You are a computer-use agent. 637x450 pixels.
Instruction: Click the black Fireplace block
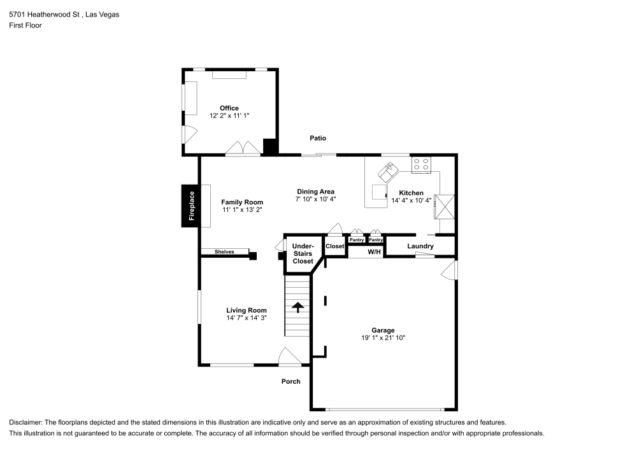tap(190, 206)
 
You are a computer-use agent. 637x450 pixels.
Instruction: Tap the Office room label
tap(229, 108)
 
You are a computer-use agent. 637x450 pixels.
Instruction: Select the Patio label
tap(318, 138)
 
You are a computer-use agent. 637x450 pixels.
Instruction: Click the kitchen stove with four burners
tap(420, 165)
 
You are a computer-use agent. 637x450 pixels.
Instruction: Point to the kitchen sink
tap(388, 170)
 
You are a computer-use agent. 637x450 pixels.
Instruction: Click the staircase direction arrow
tap(297, 307)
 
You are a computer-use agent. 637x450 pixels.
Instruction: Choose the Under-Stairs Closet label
tap(303, 253)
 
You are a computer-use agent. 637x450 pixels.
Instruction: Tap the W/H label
tap(374, 252)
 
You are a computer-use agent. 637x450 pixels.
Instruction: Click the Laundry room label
tap(420, 246)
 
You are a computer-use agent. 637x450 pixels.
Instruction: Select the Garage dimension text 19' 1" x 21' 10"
tap(383, 338)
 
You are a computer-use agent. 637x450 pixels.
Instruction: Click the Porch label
tap(291, 382)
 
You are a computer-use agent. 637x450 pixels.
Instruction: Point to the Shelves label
tap(224, 252)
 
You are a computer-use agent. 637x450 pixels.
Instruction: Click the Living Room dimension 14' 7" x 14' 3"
tap(246, 318)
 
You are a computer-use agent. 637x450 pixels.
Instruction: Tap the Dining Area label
tap(315, 192)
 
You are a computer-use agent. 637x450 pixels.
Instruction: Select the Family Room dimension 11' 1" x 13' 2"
tap(242, 209)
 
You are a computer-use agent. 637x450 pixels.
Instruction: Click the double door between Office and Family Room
tap(243, 148)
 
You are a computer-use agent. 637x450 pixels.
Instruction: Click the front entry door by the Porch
tap(290, 357)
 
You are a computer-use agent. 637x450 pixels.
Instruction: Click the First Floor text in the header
tap(25, 25)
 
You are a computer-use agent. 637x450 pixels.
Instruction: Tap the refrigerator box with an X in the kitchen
tap(445, 206)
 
